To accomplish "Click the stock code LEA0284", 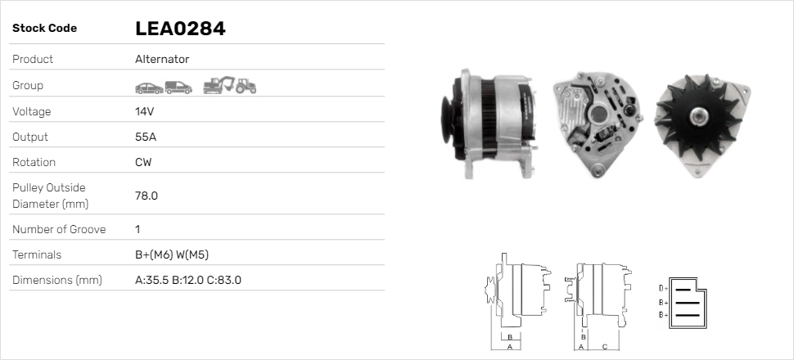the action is (180, 29).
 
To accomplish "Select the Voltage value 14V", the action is (144, 111).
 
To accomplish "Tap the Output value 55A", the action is (146, 137).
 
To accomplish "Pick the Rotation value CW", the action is (143, 162).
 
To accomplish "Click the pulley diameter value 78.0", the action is (147, 196).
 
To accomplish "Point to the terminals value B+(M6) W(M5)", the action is (172, 254).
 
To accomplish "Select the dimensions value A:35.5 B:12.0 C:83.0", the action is (188, 280).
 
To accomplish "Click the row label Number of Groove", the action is (59, 229).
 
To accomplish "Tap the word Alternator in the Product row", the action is (162, 59).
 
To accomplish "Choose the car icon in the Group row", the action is (149, 88).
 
